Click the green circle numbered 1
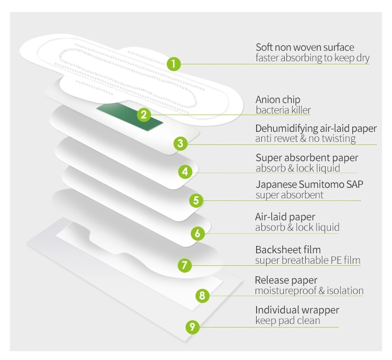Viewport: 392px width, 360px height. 174,64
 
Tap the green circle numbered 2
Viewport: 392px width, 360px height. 145,115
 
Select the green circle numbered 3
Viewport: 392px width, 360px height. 180,143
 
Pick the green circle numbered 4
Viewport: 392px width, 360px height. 185,171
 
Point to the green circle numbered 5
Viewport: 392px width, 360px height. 195,200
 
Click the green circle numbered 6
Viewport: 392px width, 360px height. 197,233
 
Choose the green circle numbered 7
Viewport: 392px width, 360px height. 183,265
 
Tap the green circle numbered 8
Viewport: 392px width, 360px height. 202,296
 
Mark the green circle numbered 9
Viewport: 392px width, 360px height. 192,327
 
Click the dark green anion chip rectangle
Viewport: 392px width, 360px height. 130,115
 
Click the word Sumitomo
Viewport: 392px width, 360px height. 315,185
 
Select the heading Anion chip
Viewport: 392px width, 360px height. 278,99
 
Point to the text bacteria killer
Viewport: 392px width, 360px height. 283,110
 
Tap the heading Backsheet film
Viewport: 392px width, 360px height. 288,250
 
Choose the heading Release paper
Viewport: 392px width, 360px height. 286,280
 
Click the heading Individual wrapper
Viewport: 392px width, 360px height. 297,310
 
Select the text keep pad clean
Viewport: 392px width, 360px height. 287,320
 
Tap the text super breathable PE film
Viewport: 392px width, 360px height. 307,260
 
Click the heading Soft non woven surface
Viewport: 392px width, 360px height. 305,47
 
